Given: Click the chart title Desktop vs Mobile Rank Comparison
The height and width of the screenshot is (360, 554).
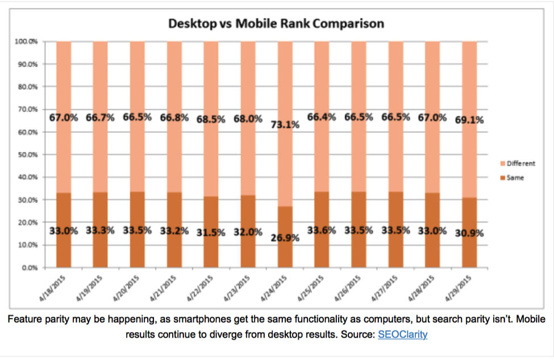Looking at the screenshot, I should tap(276, 24).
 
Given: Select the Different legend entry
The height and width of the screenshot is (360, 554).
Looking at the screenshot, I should tap(517, 164).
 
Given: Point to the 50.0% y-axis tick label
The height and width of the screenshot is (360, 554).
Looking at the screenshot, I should tap(28, 154).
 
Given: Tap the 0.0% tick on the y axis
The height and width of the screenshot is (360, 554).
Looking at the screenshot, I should tap(30, 267).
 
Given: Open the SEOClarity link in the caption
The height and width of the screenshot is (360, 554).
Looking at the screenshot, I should tap(402, 334).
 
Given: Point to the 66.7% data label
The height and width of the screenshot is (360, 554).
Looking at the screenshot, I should tap(101, 118).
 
